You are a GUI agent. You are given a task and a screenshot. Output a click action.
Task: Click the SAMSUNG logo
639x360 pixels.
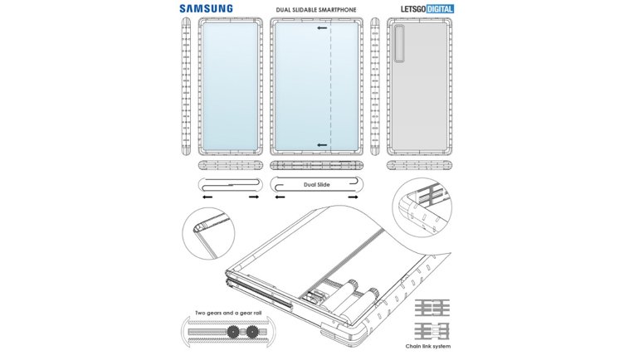204,9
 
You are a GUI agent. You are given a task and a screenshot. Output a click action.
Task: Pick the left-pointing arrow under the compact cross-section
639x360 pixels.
205,197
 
